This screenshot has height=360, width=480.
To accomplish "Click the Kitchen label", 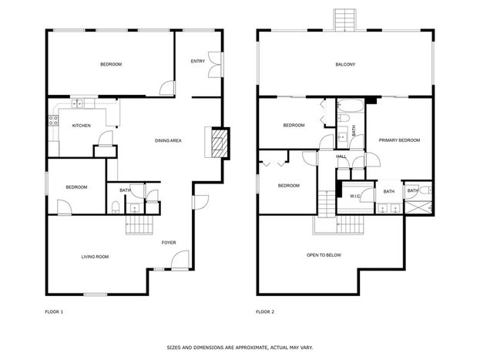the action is pos(82,126).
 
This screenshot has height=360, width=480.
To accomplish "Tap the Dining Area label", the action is pos(168,140).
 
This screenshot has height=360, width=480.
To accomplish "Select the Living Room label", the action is pos(95,257).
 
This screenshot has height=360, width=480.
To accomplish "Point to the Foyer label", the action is pos(169,243).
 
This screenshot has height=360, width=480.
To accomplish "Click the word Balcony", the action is pos(345,64).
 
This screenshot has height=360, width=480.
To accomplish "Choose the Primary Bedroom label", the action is pos(399,140).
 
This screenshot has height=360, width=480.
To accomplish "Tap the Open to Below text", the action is pos(324,255).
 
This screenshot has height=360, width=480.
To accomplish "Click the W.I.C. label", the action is pos(355,196).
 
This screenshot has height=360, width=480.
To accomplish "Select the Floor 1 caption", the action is pos(54,312).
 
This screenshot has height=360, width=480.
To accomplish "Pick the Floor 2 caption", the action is pos(265,312).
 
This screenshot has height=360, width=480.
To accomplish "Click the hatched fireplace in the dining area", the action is pos(220,143).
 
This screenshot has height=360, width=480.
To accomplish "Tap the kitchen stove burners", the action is pos(54,120).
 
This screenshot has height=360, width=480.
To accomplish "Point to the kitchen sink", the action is pos(77,104).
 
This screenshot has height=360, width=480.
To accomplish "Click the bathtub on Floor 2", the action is pos(351,106).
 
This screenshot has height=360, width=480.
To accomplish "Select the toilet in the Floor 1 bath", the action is pos(116,207).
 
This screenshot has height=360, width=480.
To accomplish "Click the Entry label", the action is pos(198,61).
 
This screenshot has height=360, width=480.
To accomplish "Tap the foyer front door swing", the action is pos(180,260).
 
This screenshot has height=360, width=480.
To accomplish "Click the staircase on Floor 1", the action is pos(139,225).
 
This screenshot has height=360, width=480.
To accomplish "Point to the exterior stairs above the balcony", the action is pos(344,20).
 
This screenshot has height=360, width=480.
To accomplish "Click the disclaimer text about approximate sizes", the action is pos(240,348).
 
